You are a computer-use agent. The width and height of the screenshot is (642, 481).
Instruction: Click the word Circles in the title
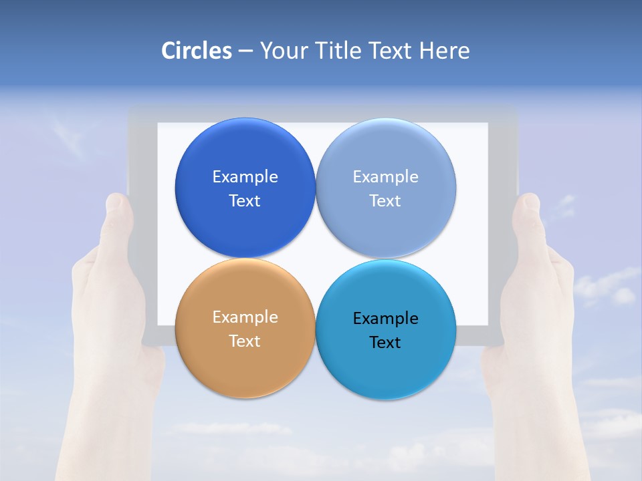pos(196,51)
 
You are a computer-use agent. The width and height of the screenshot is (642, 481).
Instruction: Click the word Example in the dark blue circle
pos(245,177)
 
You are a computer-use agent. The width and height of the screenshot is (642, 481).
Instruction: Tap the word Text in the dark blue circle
pos(245,201)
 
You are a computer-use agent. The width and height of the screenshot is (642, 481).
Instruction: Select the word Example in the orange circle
pos(245,317)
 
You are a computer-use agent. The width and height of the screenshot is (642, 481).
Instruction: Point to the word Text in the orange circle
pos(245,341)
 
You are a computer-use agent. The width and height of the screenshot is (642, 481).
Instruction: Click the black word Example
pos(386,319)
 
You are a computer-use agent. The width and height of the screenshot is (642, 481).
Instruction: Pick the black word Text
pos(385,343)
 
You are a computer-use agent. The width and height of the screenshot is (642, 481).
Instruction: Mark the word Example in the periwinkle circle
pos(386,177)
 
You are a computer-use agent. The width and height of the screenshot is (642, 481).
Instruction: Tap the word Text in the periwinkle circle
pos(385,201)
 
